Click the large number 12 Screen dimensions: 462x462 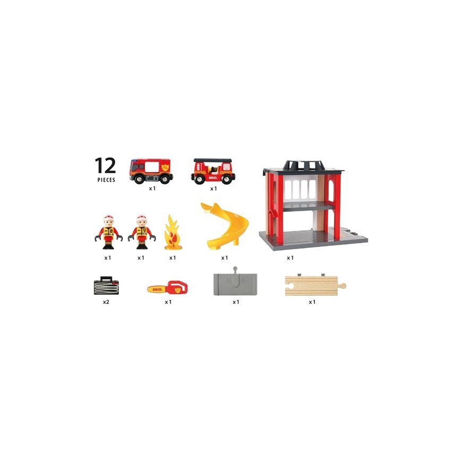click(105, 165)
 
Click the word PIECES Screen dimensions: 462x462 click(106, 179)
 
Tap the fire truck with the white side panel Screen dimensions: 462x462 click(151, 171)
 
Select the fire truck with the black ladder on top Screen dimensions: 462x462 click(213, 170)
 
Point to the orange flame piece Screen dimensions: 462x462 click(173, 232)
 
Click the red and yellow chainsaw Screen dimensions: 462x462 click(167, 288)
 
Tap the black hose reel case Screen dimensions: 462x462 click(106, 286)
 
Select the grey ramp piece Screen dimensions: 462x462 click(235, 284)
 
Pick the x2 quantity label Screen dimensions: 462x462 click(106, 302)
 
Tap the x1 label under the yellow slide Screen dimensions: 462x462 click(225, 258)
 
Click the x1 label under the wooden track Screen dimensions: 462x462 click(312, 302)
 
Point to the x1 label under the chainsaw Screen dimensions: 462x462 click(168, 302)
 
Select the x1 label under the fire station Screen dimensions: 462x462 click(290, 258)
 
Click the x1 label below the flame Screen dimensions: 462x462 click(173, 258)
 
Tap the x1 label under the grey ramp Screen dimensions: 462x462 click(236, 302)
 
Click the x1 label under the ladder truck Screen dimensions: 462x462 click(213, 189)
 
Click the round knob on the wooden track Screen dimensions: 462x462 click(343, 285)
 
